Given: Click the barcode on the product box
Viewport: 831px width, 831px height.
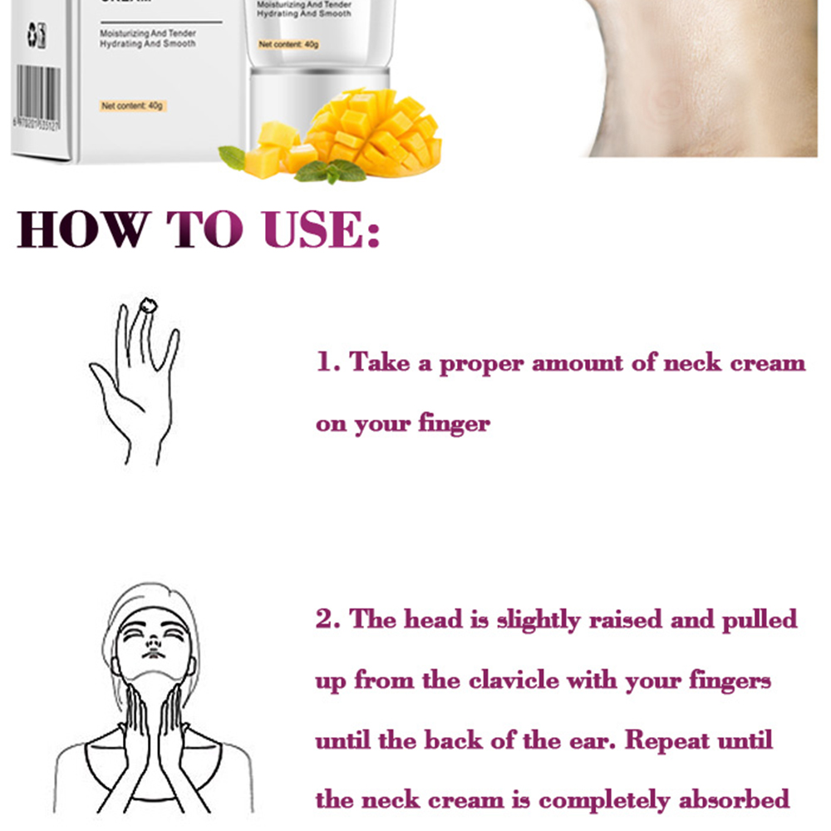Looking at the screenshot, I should pos(38,92).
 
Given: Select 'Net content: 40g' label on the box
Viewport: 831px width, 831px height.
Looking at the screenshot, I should pos(134,106).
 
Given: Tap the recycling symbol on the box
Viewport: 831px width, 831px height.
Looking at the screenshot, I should pos(36,34).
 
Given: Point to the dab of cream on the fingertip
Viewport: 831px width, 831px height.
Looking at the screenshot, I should pos(149,304).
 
